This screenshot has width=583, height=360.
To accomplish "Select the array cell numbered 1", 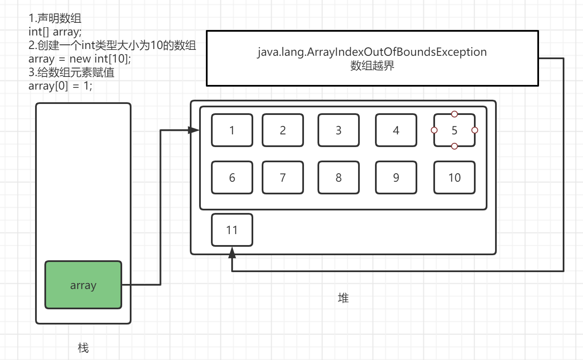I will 232,130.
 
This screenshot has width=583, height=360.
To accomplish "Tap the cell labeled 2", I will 283,130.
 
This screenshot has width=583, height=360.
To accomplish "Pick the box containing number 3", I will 339,130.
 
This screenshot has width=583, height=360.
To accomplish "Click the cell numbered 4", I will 396,130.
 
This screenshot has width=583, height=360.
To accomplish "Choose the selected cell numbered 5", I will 454,130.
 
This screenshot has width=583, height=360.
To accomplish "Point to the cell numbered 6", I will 232,177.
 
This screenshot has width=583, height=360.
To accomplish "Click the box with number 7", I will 283,177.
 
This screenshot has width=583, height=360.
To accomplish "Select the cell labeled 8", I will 339,177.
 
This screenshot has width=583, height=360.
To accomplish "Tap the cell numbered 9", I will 396,177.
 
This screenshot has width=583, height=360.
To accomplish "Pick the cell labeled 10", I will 454,177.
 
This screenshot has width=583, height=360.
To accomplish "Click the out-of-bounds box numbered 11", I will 232,230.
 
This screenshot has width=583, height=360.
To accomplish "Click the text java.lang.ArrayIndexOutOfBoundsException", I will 372,52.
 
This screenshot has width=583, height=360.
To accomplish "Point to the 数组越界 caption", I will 372,66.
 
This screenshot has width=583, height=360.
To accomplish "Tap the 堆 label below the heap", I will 343,298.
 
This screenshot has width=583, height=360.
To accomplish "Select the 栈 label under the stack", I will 83,348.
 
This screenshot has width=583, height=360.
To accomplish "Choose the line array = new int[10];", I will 80,59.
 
